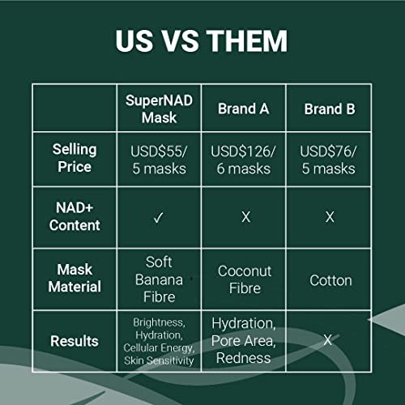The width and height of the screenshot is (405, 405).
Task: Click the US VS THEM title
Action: (202, 40)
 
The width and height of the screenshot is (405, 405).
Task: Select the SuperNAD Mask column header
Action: (159, 109)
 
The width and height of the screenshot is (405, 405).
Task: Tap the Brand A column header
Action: (244, 109)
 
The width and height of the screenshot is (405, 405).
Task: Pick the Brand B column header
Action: (330, 109)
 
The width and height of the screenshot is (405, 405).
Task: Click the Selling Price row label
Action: (75, 158)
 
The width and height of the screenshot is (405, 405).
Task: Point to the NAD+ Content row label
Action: (75, 216)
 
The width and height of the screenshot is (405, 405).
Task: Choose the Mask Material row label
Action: (75, 278)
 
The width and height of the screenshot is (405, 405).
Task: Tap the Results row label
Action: (75, 341)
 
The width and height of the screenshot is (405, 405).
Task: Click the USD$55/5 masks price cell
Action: (159, 160)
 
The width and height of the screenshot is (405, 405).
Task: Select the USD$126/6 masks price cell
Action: (244, 160)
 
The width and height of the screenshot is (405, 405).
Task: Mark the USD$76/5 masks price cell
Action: (329, 160)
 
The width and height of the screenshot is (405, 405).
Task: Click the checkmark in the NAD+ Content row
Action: (159, 217)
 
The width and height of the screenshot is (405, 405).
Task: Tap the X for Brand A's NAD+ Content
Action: (246, 217)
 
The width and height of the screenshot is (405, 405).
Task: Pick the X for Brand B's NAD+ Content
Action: (330, 217)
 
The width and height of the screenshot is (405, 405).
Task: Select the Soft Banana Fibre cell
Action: (159, 279)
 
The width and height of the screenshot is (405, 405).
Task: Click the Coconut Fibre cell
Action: (245, 279)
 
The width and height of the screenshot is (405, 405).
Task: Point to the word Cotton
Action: (330, 280)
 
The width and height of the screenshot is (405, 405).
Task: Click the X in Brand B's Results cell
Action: (328, 340)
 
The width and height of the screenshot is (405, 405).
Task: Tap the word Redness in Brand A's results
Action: (244, 358)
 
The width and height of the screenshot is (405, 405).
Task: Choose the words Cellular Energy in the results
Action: (159, 347)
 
